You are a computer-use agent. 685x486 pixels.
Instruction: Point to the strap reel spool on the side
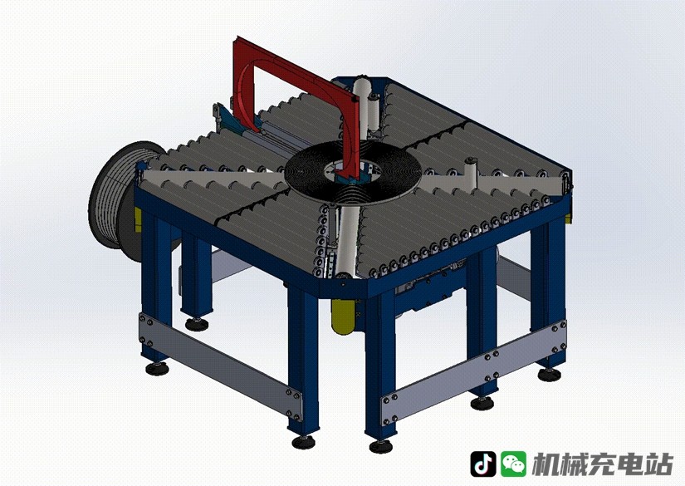pos(117,194)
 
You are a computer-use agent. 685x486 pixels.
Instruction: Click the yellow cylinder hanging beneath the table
pos(343,317)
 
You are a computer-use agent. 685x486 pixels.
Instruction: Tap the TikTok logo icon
pos(482,464)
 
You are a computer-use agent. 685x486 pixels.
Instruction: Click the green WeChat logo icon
pos(513,464)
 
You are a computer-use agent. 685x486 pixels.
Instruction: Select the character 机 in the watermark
pos(546,464)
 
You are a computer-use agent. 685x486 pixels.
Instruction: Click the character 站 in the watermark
pos(659,464)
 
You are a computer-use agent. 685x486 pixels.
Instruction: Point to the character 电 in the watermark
pos(631,464)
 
